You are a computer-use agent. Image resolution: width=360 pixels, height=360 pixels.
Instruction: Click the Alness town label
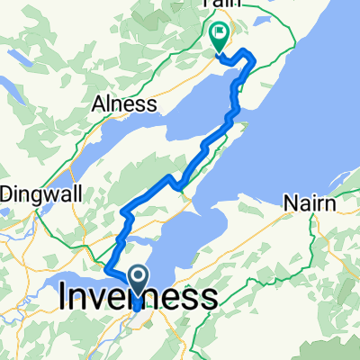pos(125,103)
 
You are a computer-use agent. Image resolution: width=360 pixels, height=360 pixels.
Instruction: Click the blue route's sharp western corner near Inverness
pos(107,267)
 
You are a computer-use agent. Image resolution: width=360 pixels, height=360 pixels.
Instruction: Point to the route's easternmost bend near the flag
pos(255,61)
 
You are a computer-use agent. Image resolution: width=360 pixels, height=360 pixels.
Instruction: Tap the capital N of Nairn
pos(291,204)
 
